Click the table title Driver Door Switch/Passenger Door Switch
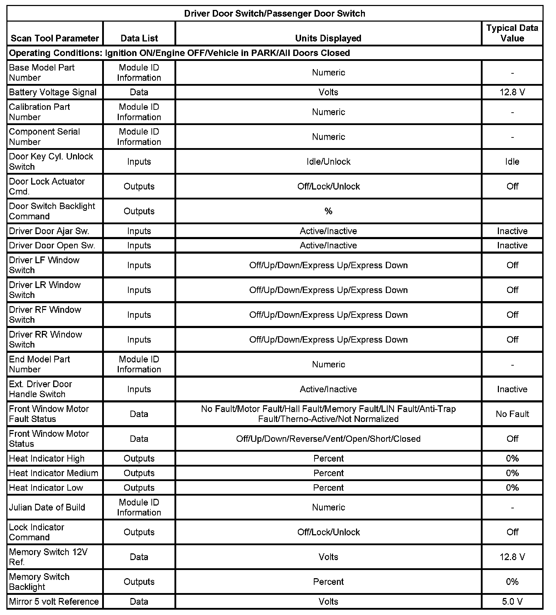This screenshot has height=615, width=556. point(274,13)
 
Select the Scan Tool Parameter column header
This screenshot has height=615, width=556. point(55,38)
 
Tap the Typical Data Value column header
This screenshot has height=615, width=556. point(512,33)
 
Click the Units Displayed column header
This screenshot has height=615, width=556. point(328,38)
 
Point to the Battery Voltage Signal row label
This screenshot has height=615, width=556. point(53,92)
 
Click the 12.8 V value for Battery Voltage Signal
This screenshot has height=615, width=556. point(512,92)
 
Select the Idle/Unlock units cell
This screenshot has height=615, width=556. point(328,162)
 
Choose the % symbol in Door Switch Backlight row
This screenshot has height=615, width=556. point(328,211)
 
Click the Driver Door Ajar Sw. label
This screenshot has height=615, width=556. point(49,231)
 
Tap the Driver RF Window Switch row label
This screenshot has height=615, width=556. point(45,315)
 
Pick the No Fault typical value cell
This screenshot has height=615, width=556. point(512,414)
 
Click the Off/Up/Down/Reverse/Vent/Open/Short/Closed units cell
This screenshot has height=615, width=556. point(328,439)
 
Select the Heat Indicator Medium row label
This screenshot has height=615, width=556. point(54,473)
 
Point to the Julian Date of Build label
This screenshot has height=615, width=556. point(47,507)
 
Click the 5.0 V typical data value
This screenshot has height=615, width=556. point(512,602)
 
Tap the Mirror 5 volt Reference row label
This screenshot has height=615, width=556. point(54,602)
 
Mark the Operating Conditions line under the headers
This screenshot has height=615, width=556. point(179,53)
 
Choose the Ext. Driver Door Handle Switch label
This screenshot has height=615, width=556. point(40,389)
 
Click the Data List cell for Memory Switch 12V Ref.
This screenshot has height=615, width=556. point(139,557)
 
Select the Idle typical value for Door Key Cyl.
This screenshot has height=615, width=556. point(512,162)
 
